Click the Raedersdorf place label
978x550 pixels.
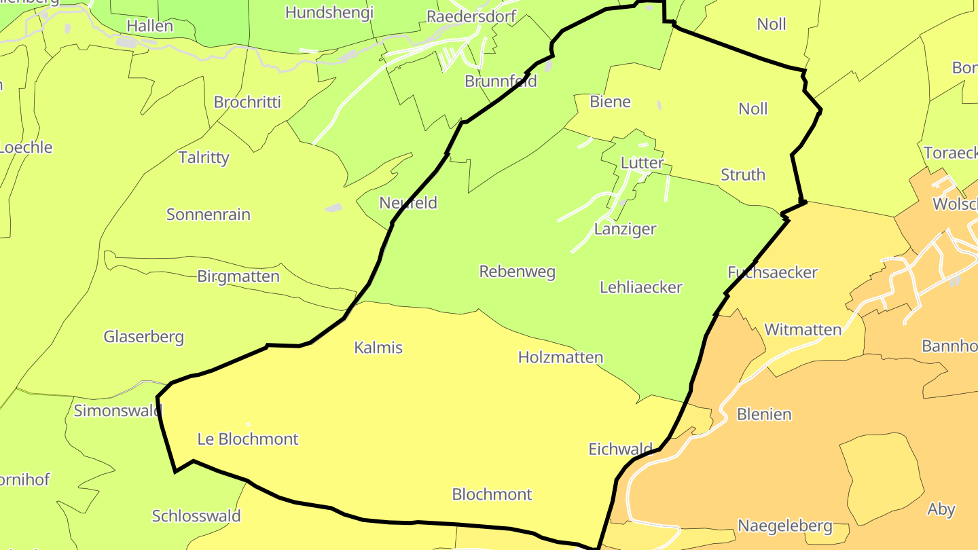471,16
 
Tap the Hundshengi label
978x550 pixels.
329,12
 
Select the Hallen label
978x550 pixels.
150,26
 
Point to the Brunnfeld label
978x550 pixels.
501,81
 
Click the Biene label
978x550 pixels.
610,102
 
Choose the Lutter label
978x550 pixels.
642,163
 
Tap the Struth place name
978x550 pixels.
742,175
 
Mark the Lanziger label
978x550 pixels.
625,229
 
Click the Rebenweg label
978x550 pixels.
517,272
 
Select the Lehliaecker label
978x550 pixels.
640,287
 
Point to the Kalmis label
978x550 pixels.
378,348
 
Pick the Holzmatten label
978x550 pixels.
560,357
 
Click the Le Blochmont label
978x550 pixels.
247,439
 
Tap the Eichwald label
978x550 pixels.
620,449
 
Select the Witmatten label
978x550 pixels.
803,330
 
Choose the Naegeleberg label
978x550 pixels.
784,526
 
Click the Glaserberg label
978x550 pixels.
143,337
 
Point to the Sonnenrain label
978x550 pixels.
209,215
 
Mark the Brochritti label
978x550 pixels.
247,103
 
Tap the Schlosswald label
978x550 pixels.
196,516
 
